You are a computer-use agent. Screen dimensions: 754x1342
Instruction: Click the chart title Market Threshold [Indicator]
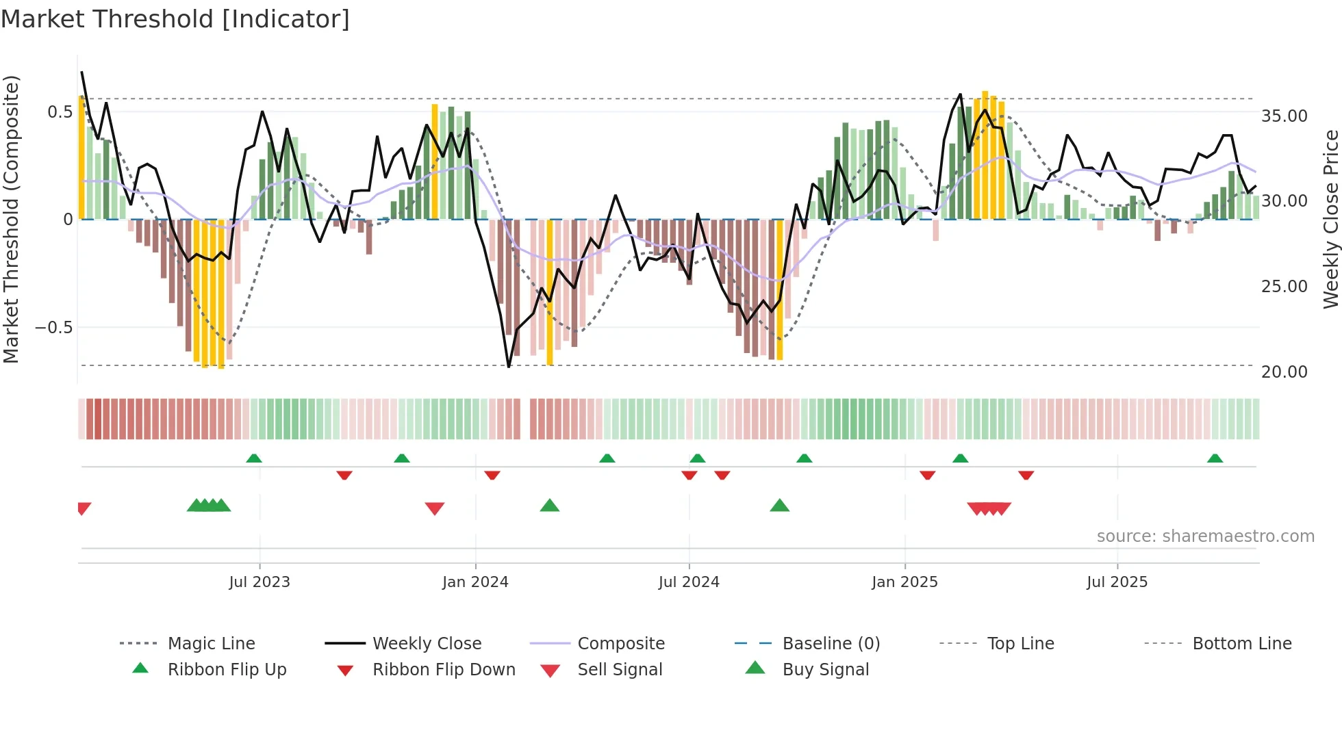click(175, 19)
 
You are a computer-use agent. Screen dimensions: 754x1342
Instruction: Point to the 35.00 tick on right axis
click(1284, 116)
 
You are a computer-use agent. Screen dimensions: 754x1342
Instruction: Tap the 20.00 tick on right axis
click(1284, 372)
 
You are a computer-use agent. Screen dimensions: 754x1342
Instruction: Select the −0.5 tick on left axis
click(54, 327)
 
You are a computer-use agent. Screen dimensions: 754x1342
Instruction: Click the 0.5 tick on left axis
click(60, 112)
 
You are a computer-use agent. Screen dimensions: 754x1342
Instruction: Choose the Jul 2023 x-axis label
click(259, 582)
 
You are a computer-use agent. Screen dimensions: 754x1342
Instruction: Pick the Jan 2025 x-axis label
click(904, 582)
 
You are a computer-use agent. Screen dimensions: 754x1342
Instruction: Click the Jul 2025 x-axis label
click(1117, 582)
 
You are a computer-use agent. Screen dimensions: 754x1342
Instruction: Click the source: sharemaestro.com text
click(1205, 536)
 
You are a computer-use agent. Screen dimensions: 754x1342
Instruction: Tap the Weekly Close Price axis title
click(1330, 219)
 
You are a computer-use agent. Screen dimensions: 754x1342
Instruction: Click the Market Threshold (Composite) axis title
click(11, 219)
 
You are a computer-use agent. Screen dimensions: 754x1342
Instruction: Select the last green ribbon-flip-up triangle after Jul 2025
click(1215, 458)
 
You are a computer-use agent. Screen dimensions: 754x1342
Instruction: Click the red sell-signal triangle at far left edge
click(84, 508)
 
